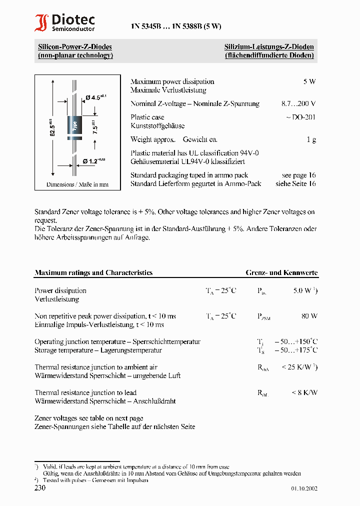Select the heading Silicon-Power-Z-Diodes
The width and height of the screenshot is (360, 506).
(75, 47)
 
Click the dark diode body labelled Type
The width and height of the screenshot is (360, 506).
(75, 125)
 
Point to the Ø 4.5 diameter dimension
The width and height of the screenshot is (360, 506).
(96, 98)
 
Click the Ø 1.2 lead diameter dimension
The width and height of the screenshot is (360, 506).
(94, 161)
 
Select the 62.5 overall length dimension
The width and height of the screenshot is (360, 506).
(51, 128)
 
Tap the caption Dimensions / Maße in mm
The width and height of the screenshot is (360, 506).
(77, 184)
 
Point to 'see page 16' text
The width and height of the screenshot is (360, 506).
(298, 175)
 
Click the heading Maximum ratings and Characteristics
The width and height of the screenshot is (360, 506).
(93, 273)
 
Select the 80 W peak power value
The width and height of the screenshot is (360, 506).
(309, 316)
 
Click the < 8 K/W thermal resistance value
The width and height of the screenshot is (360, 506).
(304, 393)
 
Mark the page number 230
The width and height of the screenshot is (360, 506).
(40, 487)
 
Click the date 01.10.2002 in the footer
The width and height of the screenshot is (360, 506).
(304, 489)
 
